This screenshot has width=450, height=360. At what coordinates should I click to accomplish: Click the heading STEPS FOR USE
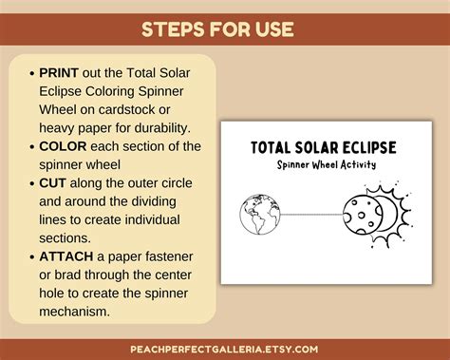[x=224, y=28]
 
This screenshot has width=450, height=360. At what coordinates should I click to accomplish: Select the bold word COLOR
[x=63, y=145]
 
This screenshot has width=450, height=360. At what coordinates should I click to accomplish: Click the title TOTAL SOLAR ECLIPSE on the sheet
[x=323, y=147]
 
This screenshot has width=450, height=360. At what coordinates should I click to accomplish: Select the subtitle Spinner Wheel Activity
[x=323, y=164]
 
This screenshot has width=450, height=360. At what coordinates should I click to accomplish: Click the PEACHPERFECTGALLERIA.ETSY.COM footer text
[x=224, y=348]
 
